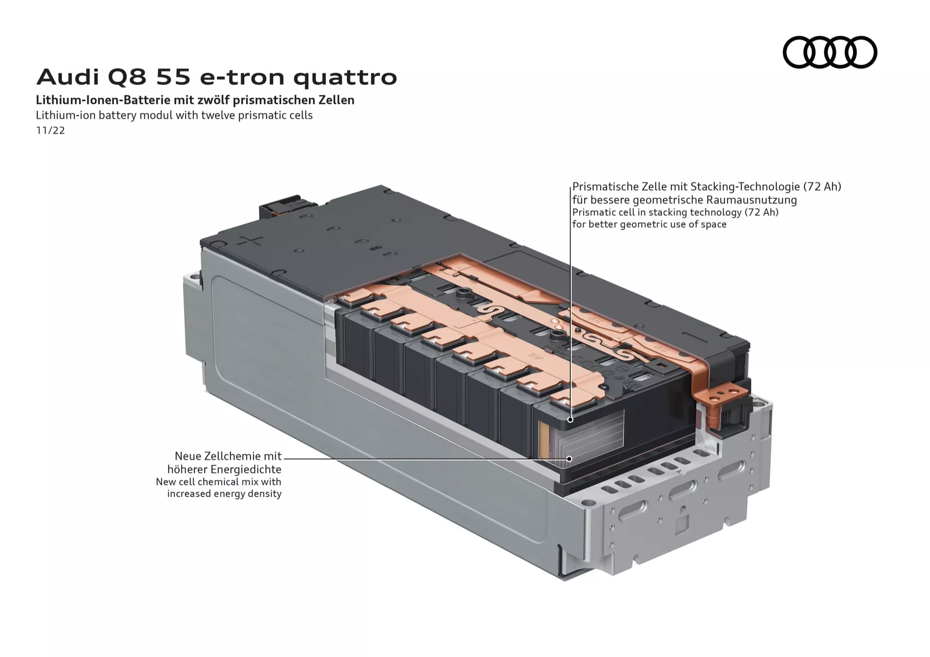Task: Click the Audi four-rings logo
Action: [830, 52]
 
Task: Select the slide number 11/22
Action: [50, 131]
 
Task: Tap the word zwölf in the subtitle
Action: [214, 100]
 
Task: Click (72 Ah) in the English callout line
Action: [761, 213]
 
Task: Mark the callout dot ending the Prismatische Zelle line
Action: [571, 420]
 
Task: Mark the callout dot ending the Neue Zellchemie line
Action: [570, 458]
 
